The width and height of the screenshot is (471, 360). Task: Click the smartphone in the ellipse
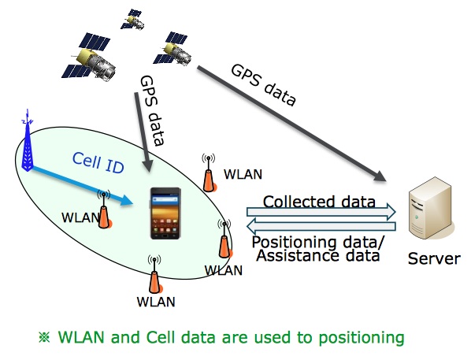coord(165,213)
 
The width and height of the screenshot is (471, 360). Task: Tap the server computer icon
coord(430,208)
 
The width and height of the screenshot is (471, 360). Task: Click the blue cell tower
coord(28,141)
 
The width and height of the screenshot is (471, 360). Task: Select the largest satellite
coord(89,57)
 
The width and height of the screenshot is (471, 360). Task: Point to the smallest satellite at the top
coord(132,20)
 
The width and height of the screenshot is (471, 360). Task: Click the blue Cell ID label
coord(98,162)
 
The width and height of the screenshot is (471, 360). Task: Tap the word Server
coord(434,258)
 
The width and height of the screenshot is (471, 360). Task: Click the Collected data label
coord(319,202)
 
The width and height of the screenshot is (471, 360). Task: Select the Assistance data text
coord(318,256)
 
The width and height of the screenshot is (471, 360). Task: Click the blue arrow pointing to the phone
coord(82,185)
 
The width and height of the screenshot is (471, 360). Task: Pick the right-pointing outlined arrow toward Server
coord(321,212)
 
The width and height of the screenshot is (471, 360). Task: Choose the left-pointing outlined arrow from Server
coord(321,226)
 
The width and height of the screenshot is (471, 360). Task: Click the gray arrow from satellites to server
coord(291,124)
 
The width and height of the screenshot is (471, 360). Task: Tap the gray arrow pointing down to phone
coord(143,132)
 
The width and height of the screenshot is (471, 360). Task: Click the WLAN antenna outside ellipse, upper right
coord(209,173)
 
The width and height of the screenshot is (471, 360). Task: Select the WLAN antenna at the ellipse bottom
coord(155,274)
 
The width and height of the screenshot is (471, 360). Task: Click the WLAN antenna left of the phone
coord(104,210)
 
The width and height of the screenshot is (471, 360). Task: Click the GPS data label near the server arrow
coord(263,85)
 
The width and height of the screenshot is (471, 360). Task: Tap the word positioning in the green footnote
coord(362,338)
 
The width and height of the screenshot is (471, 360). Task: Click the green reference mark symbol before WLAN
coord(44,337)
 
